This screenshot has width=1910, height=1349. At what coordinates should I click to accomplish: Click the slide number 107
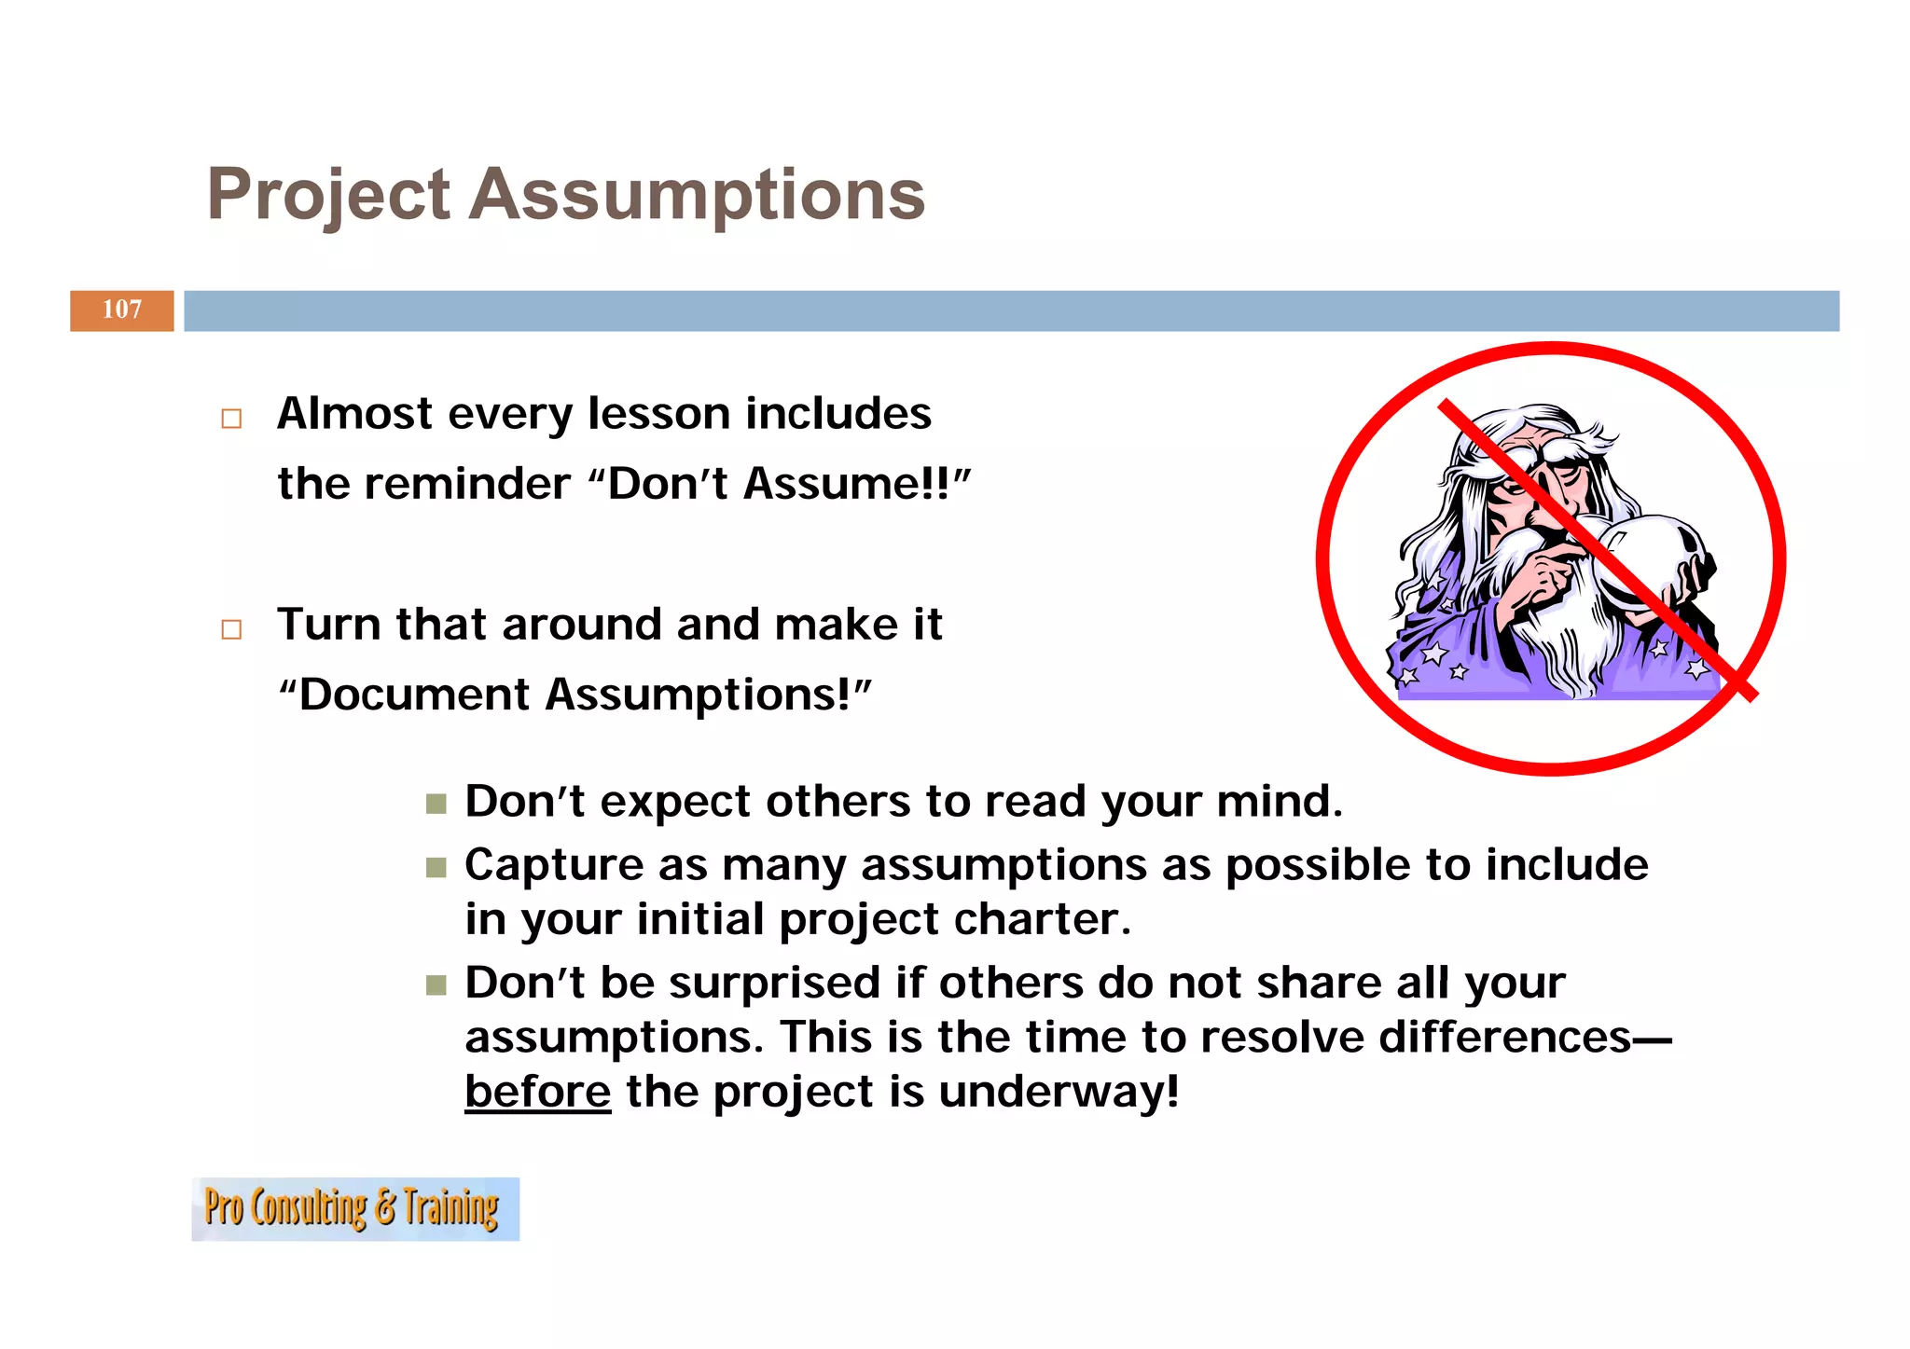pos(122,310)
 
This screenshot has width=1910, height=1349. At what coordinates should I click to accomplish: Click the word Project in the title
pos(328,196)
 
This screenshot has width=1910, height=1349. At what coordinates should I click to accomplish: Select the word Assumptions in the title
pos(696,196)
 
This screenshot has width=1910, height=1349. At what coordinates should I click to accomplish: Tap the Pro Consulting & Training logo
pos(355,1208)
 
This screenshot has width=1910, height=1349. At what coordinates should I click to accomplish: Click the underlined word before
pos(537,1092)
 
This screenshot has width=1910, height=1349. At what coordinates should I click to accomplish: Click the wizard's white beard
pos(1567,634)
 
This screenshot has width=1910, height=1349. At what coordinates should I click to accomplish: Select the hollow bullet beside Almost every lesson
pos(231,419)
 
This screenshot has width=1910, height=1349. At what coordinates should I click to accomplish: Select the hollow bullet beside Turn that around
pos(231,629)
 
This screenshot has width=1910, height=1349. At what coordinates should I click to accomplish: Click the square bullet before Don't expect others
pos(436,804)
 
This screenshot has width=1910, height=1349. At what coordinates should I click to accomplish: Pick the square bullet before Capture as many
pos(436,868)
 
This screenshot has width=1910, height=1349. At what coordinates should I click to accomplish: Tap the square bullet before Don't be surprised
pos(436,985)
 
